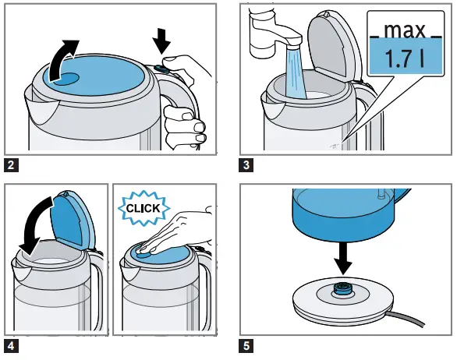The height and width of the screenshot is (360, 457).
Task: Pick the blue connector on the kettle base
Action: point(345,289)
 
